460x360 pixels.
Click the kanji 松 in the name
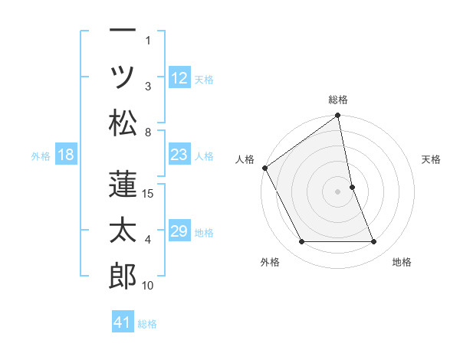coord(123,123)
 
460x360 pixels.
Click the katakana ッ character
coord(123,77)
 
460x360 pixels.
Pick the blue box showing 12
coord(179,78)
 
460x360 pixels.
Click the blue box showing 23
coord(179,155)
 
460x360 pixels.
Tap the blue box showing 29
coord(179,231)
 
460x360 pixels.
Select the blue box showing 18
coord(66,155)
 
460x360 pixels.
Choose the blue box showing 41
coord(123,322)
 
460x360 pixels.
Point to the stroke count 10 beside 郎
coord(149,286)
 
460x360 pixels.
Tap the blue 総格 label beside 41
coord(147,324)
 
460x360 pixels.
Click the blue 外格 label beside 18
coord(41,156)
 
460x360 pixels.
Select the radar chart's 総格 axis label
coord(338,100)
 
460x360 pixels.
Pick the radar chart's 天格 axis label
coord(431,159)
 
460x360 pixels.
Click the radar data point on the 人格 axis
coord(264,168)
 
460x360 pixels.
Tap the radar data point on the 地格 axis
coord(374,242)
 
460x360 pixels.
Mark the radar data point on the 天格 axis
coord(352,187)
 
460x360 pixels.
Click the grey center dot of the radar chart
coord(338,191)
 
